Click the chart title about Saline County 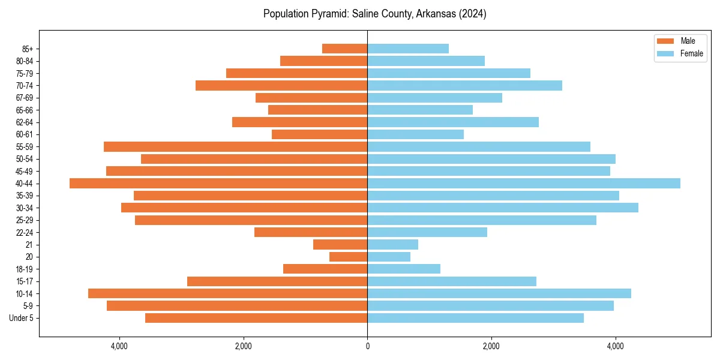pyautogui.click(x=374, y=14)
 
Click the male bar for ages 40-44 pyautogui.click(x=218, y=184)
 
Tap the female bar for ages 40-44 pyautogui.click(x=524, y=184)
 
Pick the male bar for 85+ pyautogui.click(x=344, y=49)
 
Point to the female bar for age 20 pyautogui.click(x=389, y=257)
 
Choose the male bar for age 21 pyautogui.click(x=340, y=245)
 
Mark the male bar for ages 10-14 pyautogui.click(x=227, y=293)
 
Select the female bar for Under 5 pyautogui.click(x=475, y=318)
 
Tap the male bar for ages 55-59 pyautogui.click(x=235, y=147)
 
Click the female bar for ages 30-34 pyautogui.click(x=503, y=208)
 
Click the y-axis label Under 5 pyautogui.click(x=22, y=318)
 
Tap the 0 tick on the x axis pyautogui.click(x=367, y=346)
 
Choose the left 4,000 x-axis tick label pyautogui.click(x=119, y=346)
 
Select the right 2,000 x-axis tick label pyautogui.click(x=491, y=346)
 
